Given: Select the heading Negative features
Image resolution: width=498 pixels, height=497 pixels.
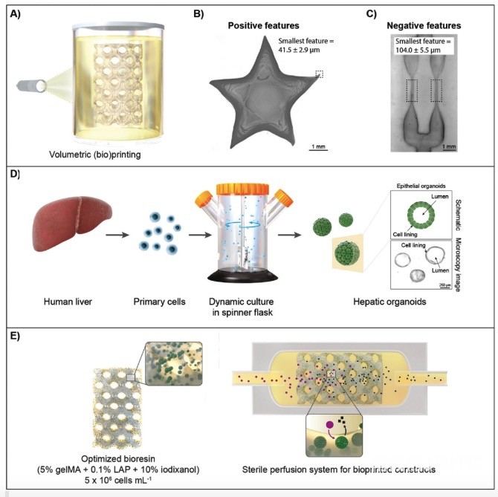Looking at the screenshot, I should pyautogui.click(x=424, y=25).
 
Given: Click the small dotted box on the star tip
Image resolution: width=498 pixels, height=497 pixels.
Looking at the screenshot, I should pyautogui.click(x=319, y=74).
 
